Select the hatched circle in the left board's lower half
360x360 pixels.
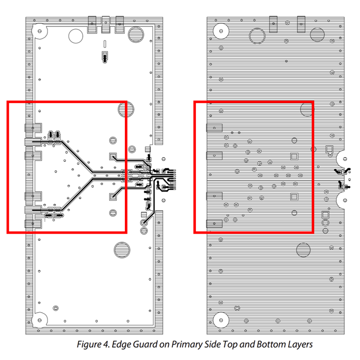[x=122, y=250]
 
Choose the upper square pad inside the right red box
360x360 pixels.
[x=294, y=156]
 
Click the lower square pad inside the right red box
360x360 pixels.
[x=294, y=196]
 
